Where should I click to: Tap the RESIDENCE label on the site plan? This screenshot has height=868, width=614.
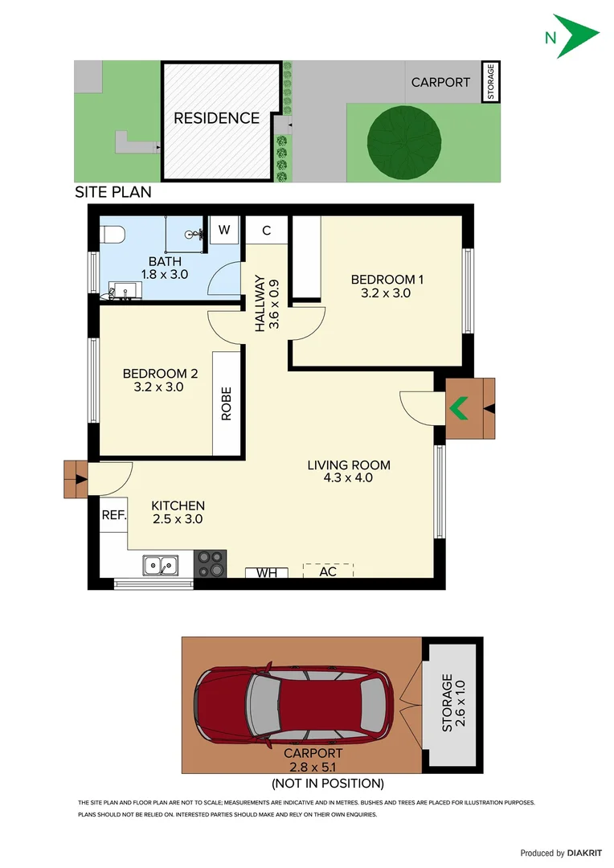217,118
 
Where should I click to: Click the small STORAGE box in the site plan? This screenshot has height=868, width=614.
490,82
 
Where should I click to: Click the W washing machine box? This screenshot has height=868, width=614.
224,230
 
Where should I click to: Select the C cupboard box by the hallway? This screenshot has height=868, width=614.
265,231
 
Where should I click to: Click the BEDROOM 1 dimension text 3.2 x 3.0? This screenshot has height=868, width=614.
387,293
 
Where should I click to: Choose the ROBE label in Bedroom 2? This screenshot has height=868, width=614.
227,403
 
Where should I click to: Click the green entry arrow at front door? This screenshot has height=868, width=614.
459,408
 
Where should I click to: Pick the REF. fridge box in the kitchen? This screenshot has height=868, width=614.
114,516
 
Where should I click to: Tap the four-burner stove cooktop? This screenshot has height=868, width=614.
211,563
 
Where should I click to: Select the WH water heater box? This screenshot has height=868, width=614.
267,572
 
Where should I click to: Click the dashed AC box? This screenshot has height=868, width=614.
328,571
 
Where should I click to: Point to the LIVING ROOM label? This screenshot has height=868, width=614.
349,465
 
